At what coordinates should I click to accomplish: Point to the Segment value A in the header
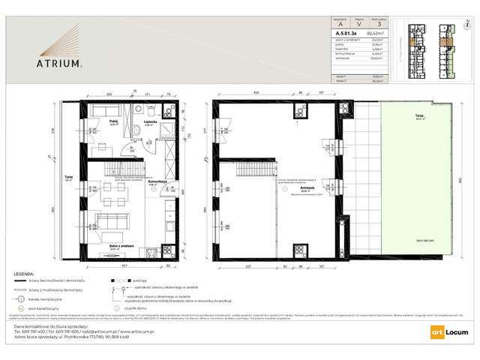pyautogui.click(x=343, y=24)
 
